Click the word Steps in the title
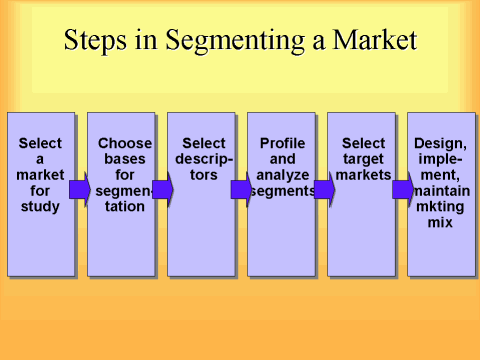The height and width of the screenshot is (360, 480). click(x=94, y=41)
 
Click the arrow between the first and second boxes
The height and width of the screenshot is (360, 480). click(x=79, y=189)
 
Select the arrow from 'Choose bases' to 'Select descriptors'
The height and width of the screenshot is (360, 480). click(x=161, y=189)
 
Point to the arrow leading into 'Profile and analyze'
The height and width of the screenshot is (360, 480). click(x=240, y=189)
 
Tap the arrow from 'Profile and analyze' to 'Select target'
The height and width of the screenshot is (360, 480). click(x=323, y=189)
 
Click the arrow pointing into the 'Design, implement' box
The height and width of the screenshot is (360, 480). click(x=402, y=189)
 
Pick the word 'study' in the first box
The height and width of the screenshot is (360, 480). click(x=40, y=207)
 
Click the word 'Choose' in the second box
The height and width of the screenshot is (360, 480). click(x=125, y=143)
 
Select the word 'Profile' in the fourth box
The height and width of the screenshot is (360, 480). click(x=281, y=143)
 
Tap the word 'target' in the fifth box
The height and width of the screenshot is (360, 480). click(x=363, y=159)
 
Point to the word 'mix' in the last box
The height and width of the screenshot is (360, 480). click(x=440, y=223)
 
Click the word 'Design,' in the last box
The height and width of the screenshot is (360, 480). click(x=441, y=143)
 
